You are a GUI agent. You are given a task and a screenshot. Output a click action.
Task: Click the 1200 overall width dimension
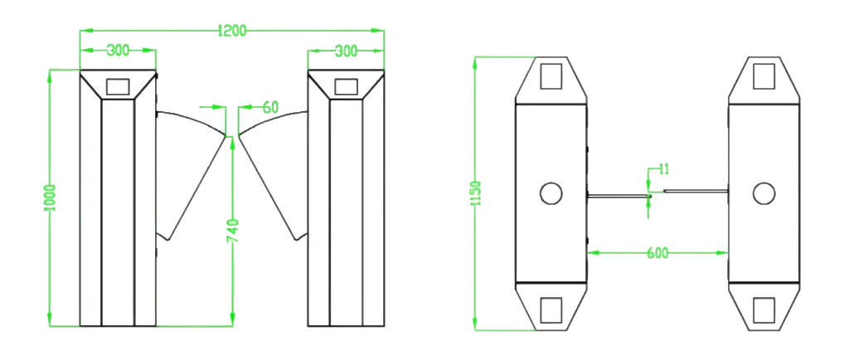point(232,31)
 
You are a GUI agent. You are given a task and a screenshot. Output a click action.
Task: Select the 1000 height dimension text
point(51,197)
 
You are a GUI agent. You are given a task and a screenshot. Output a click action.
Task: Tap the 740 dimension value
point(232,231)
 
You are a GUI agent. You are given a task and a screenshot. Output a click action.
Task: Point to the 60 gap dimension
point(271,107)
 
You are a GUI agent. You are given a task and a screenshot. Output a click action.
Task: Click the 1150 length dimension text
point(476,193)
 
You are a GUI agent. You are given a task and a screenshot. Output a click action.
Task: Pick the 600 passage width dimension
point(657,253)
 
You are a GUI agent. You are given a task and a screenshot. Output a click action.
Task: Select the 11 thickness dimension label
point(664,169)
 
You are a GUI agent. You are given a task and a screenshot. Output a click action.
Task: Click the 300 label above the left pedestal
point(118,51)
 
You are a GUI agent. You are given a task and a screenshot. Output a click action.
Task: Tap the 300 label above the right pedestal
point(346,51)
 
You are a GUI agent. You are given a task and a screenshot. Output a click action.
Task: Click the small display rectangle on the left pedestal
point(118,86)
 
